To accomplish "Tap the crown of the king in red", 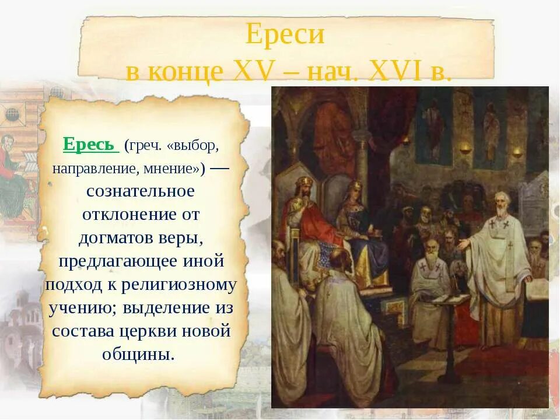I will (303, 185).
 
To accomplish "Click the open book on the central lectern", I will (446, 298).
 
